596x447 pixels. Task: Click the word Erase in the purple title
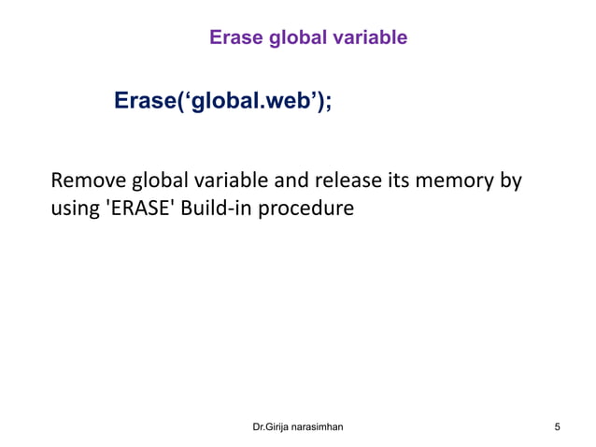(x=234, y=37)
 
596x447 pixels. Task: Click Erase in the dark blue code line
(x=147, y=101)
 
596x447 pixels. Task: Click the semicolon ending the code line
(x=328, y=103)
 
